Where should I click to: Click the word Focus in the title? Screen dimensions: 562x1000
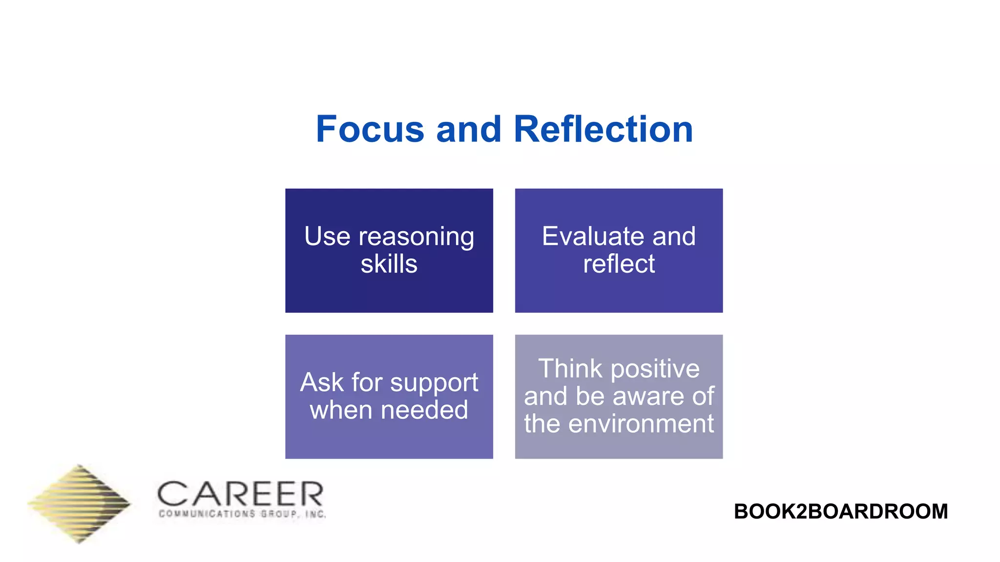(x=370, y=129)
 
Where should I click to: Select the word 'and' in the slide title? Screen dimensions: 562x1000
(x=469, y=129)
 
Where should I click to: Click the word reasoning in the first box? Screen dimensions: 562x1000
(x=416, y=238)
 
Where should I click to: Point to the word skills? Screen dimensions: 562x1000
(x=389, y=264)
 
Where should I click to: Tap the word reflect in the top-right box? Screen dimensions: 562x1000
(x=619, y=264)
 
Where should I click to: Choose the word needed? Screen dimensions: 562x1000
(x=424, y=410)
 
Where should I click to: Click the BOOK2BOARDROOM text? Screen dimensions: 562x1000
(x=840, y=511)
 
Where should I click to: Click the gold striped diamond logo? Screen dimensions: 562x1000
(x=79, y=504)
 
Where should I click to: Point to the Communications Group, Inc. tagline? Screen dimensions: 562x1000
(x=242, y=514)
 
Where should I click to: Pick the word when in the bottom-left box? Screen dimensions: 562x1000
(x=341, y=410)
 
